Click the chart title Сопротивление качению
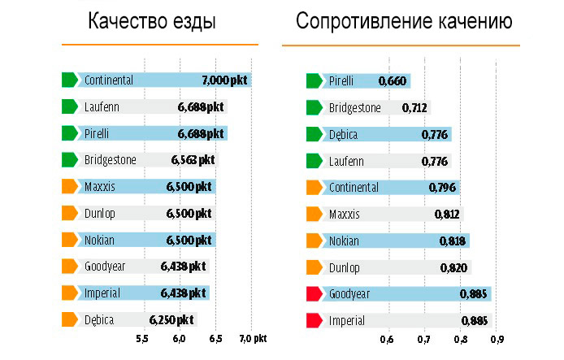tap(404, 22)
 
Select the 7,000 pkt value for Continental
tap(225, 80)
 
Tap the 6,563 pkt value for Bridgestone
tap(193, 160)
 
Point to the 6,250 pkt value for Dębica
tap(171, 320)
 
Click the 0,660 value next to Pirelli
tap(393, 80)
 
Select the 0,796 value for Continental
tap(443, 188)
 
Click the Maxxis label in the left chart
tap(100, 187)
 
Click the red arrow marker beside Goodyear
tap(313, 293)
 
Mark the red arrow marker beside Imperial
tap(313, 320)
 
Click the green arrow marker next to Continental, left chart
tap(69, 80)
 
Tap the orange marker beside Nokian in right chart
tap(313, 241)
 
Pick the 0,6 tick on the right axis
tap(387, 339)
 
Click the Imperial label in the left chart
tap(102, 293)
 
